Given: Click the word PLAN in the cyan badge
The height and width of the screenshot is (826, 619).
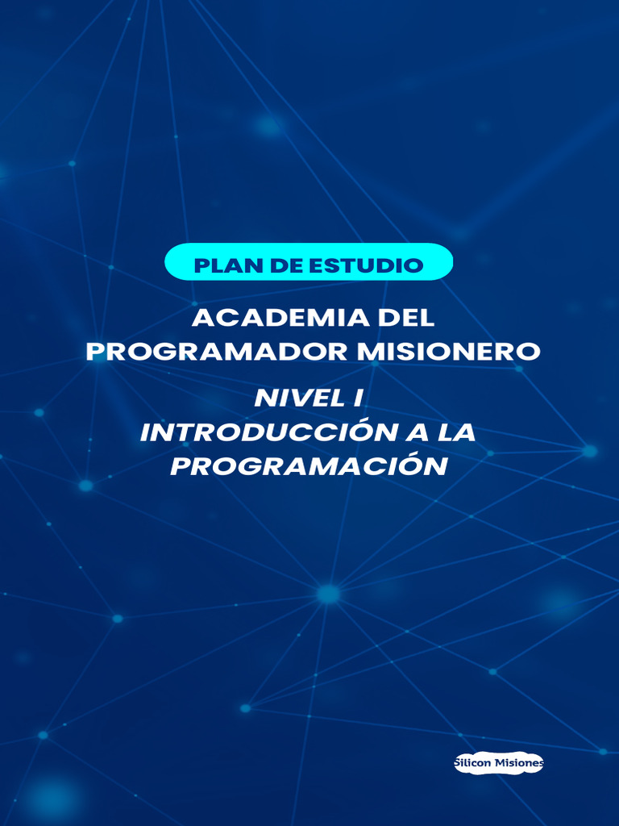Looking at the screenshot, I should [224, 265].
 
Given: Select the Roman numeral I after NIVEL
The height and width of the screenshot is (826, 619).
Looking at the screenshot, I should [353, 398].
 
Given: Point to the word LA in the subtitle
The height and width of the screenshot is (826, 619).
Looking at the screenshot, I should [457, 432].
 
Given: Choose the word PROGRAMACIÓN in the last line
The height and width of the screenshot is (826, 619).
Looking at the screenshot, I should [309, 466].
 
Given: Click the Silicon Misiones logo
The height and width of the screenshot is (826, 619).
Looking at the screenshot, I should [499, 763].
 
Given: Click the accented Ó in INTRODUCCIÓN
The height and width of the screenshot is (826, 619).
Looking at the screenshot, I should [357, 432].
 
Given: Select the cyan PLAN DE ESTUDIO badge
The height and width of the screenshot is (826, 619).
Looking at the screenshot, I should [309, 262].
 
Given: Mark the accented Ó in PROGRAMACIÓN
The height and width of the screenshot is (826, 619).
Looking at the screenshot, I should [409, 466].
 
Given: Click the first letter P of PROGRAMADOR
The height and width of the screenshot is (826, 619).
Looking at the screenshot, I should [94, 352].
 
